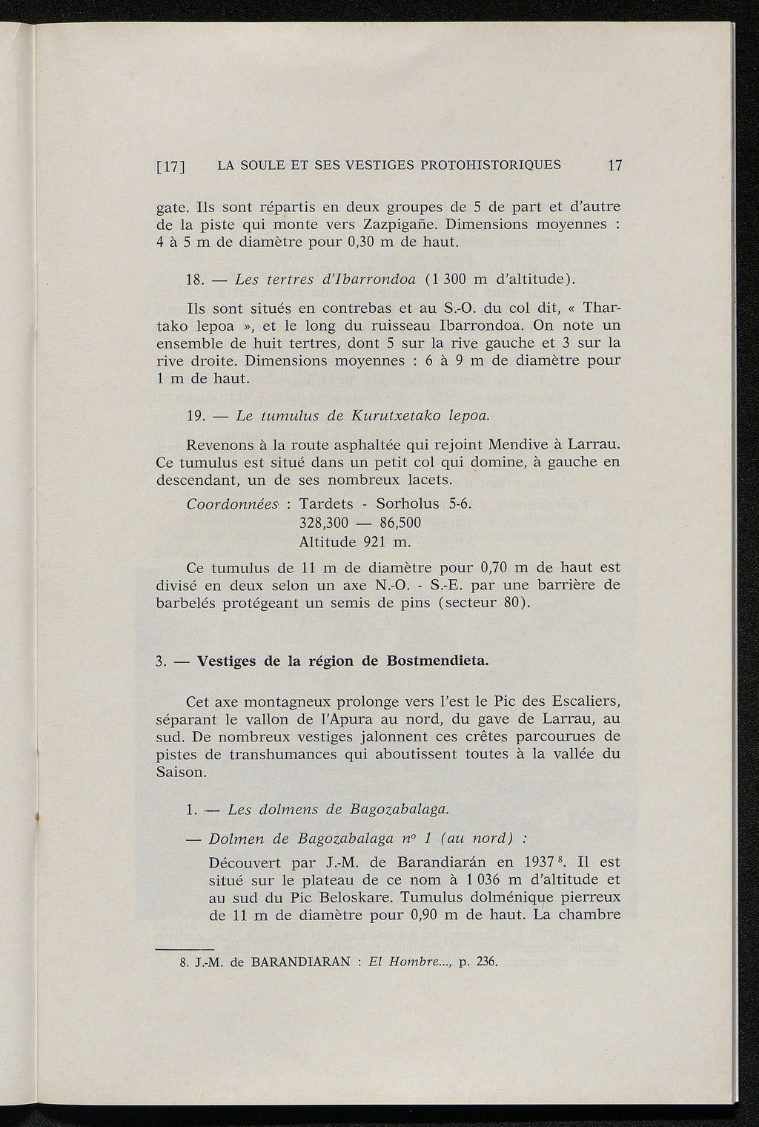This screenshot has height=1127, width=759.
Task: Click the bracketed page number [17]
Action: click(x=171, y=166)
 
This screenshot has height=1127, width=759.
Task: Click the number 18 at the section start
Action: click(x=195, y=280)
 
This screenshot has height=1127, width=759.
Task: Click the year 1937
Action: click(x=534, y=863)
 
